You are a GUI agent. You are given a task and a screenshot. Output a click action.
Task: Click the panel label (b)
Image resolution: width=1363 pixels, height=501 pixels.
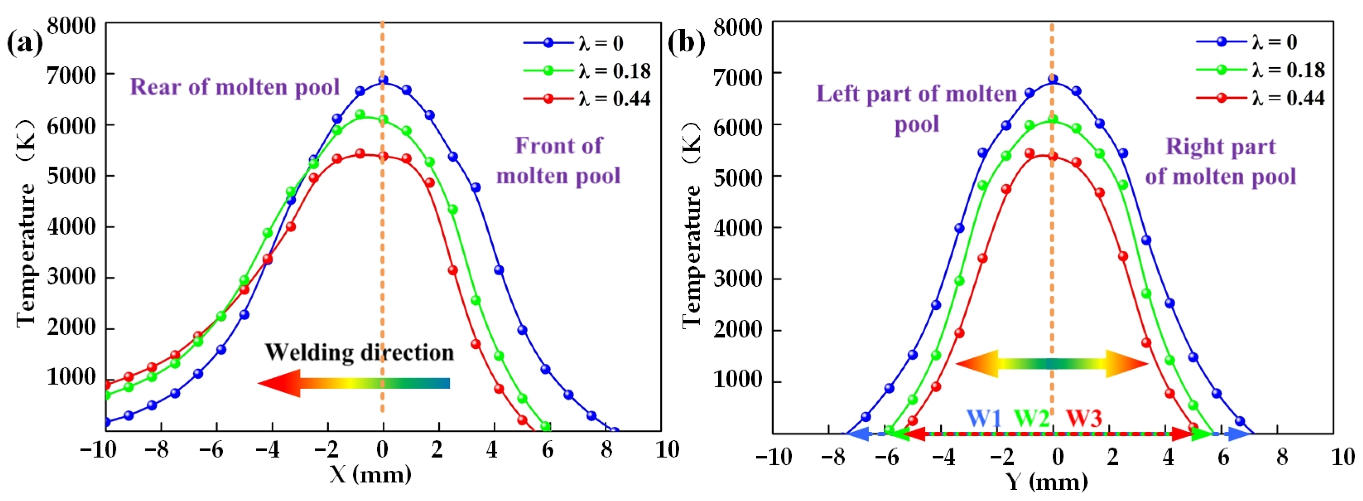(686, 43)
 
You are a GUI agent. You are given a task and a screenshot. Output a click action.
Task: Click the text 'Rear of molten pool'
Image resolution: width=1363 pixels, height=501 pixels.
(234, 87)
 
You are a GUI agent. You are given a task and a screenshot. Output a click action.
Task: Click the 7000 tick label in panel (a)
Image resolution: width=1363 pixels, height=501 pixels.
(71, 75)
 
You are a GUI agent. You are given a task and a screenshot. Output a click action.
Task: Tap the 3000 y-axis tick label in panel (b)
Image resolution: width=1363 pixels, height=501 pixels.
(738, 279)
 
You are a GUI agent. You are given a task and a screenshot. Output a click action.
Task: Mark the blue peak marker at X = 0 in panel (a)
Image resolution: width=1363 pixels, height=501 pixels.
(383, 80)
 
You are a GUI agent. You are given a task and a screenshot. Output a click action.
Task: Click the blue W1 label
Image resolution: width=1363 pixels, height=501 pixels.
(984, 418)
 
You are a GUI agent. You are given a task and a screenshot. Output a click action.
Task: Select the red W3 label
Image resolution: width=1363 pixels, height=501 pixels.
(1083, 418)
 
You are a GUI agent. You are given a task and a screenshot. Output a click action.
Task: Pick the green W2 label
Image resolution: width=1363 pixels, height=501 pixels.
(1031, 418)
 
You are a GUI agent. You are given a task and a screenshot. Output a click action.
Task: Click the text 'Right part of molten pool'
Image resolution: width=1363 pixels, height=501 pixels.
(1220, 161)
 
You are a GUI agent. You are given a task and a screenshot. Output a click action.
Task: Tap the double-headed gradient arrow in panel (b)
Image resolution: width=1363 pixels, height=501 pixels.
(1052, 363)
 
